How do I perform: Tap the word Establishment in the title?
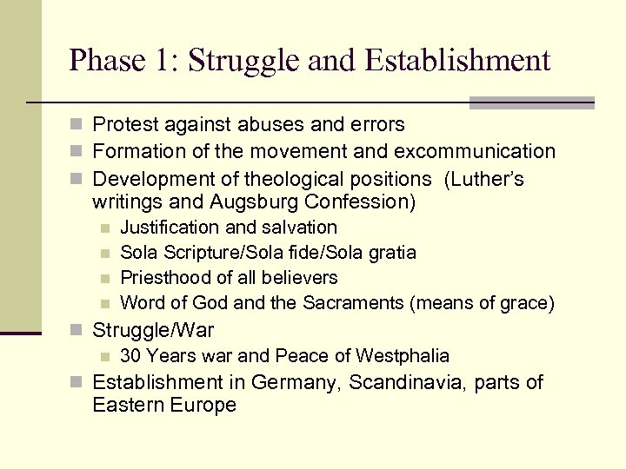click(458, 61)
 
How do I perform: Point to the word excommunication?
click(474, 151)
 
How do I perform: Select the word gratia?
click(391, 253)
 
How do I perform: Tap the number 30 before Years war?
click(131, 355)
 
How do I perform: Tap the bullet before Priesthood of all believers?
click(104, 279)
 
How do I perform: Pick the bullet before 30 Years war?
click(104, 356)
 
